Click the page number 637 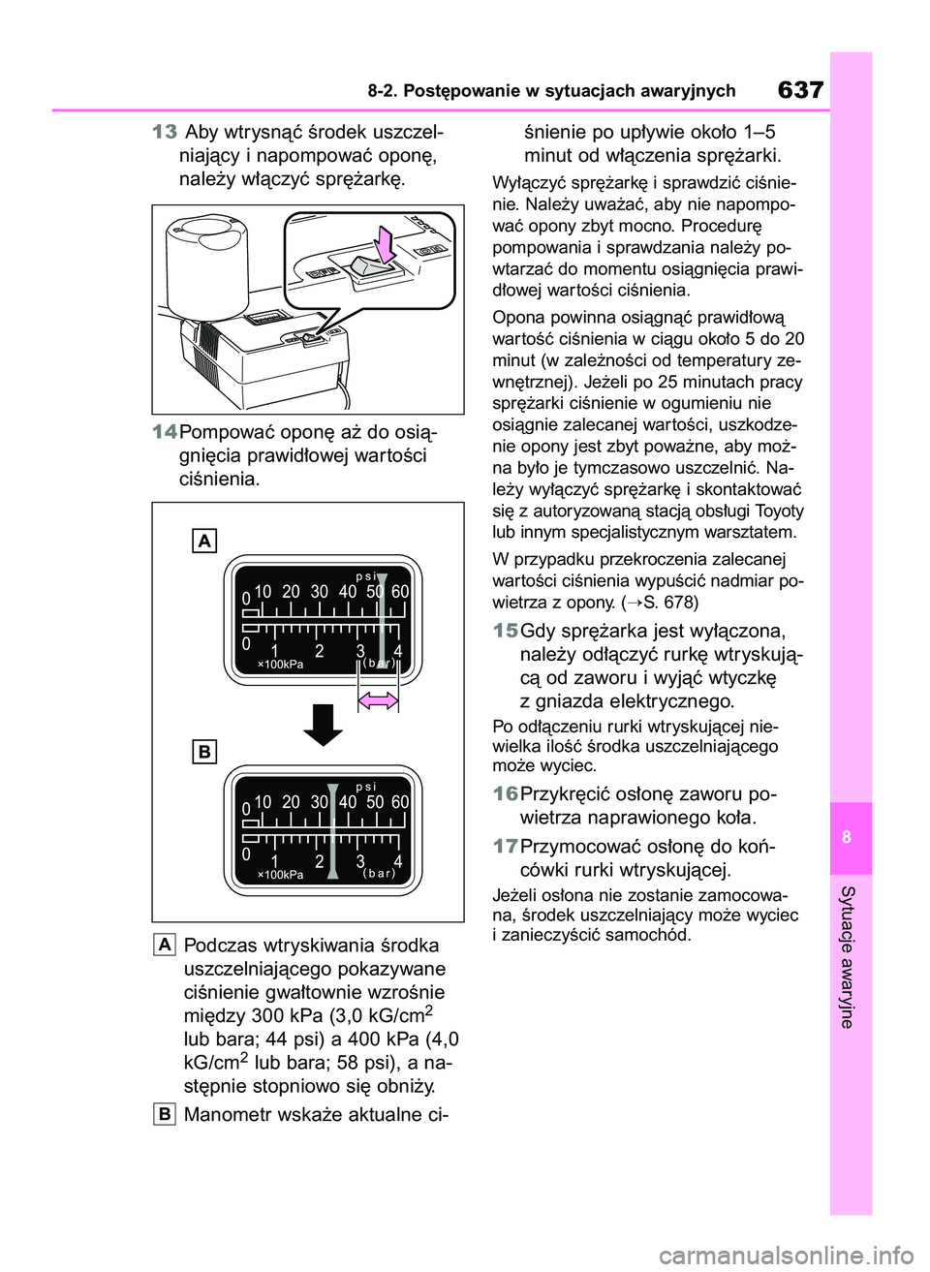coord(800,90)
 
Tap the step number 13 coord(165,132)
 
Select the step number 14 coord(165,431)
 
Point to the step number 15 coord(505,631)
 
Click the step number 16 coord(505,794)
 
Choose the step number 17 coord(505,846)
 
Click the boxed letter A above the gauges coord(203,541)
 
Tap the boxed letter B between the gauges coord(203,752)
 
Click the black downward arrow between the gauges coord(324,723)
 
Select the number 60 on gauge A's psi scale coord(401,591)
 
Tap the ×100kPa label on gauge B coord(280,874)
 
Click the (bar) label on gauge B coord(379,874)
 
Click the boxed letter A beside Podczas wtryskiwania coord(165,945)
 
